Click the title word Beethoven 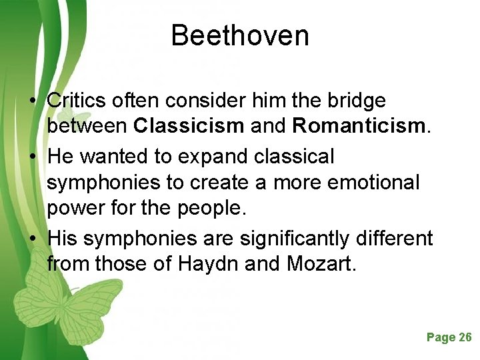[240, 35]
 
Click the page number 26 [465, 337]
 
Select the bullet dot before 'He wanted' [32, 157]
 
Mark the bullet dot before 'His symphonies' [32, 238]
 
